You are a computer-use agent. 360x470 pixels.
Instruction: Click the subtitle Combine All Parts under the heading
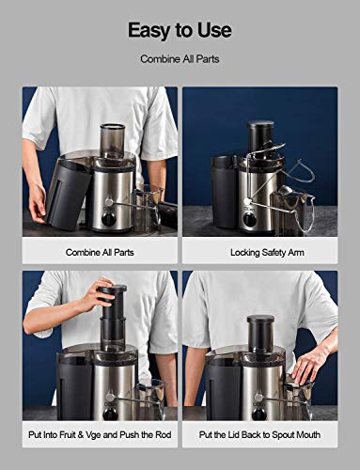point(180,58)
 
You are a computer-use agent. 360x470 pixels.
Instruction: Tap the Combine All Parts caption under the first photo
point(100,252)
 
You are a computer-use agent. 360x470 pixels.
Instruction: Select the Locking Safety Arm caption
point(259,252)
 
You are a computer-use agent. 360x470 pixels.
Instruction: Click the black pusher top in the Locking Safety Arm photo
point(260,132)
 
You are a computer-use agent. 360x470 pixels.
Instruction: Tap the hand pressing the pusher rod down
point(97,294)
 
